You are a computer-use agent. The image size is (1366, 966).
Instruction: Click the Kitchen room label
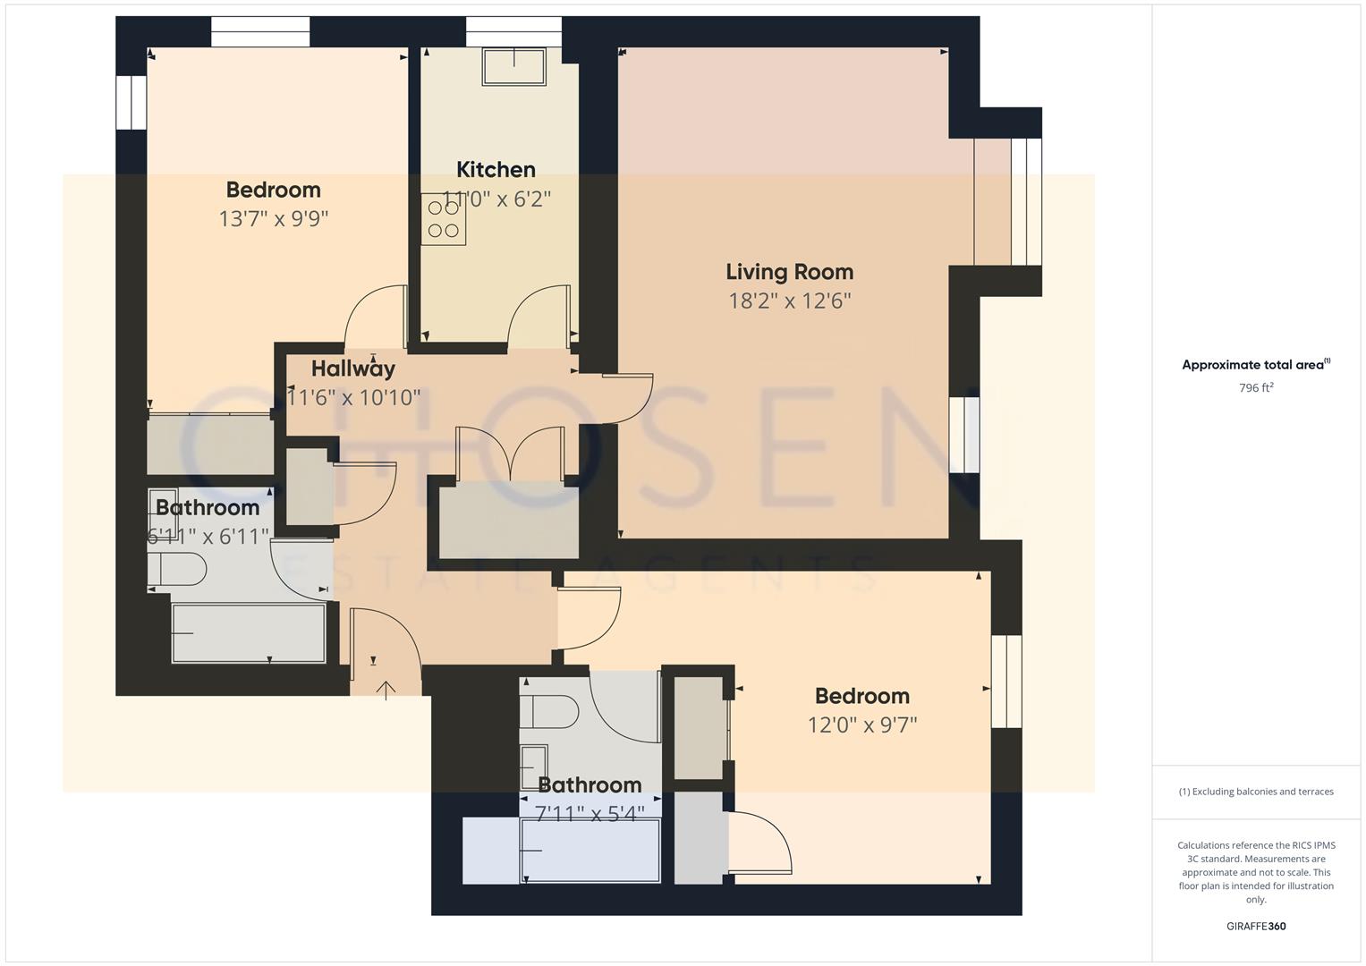(496, 169)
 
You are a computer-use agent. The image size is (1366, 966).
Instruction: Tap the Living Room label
(789, 272)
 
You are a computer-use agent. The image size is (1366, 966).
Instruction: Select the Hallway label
(353, 369)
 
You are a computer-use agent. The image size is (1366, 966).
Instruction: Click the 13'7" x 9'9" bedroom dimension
(274, 219)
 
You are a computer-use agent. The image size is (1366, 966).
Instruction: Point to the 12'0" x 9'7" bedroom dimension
(862, 724)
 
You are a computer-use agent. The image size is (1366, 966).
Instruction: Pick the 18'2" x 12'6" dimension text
(789, 301)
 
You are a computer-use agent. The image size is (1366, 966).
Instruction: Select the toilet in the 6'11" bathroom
(176, 569)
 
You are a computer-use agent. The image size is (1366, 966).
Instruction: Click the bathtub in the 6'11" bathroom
(249, 633)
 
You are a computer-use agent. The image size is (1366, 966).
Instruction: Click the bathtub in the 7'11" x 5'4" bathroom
(590, 851)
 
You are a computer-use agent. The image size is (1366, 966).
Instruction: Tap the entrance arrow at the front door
(386, 690)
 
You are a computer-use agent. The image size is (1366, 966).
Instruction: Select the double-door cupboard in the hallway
(509, 519)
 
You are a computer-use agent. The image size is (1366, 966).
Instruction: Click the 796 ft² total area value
(1256, 388)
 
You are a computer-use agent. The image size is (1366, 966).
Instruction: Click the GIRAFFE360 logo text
(1256, 926)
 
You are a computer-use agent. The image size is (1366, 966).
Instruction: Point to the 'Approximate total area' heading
(1256, 365)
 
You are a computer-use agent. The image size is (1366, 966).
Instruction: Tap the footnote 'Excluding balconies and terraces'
(1256, 792)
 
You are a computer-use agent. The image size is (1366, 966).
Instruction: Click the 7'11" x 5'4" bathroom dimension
(590, 814)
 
